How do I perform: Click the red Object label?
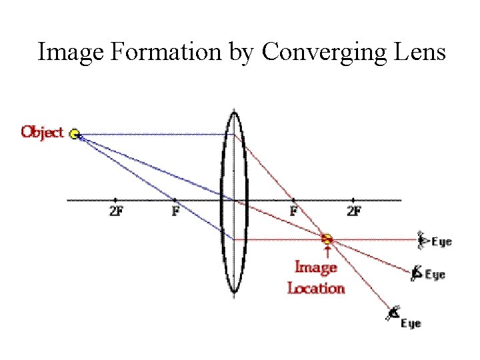coord(42,131)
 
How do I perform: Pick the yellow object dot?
coord(75,134)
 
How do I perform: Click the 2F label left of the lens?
coord(115,211)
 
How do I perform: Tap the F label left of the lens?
coord(175,211)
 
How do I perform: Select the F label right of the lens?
coord(293,211)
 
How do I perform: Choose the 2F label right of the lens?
coord(353,211)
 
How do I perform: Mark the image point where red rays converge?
coord(327,238)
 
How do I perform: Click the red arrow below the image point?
coord(327,251)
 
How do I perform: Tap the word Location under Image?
coord(316,288)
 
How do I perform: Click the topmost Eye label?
coord(441,241)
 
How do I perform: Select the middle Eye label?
coord(435,274)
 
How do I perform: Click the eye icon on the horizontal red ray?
coord(421,239)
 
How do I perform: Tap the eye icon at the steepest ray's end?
coord(394,312)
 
